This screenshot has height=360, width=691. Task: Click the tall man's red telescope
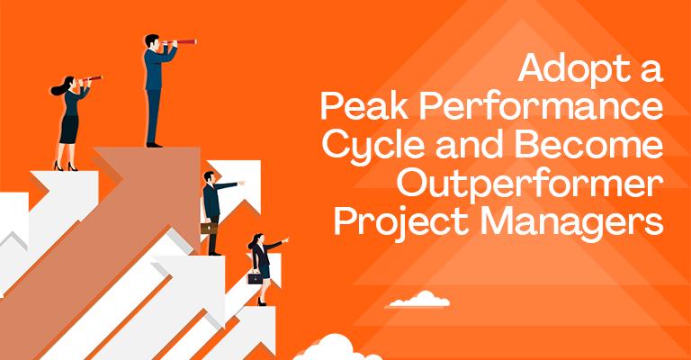(183, 42)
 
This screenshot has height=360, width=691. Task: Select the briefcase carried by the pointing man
(205, 228)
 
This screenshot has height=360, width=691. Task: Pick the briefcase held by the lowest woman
(255, 277)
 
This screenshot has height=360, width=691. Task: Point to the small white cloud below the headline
(418, 296)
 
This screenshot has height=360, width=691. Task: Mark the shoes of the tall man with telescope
(155, 144)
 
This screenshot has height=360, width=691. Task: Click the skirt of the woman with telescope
(68, 130)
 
